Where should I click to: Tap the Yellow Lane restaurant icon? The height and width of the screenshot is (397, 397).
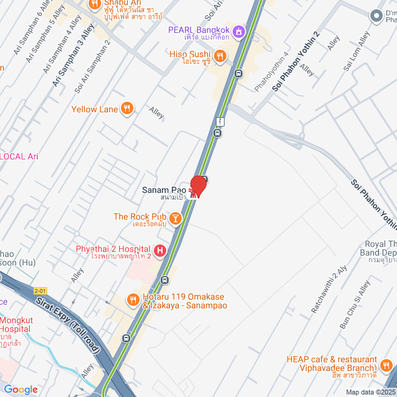(127, 109)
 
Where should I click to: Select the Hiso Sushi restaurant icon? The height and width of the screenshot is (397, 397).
(218, 54)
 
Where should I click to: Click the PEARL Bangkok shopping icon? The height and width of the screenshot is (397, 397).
(238, 30)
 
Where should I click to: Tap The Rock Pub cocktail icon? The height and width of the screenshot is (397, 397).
(176, 217)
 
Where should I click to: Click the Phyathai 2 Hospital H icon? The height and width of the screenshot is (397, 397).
(160, 251)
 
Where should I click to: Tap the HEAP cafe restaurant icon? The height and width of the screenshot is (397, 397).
(386, 364)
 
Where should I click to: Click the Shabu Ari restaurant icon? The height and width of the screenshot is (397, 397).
(96, 4)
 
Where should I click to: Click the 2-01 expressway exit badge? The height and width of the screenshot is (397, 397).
(40, 290)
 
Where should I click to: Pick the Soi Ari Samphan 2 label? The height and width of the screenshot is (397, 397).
(92, 67)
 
